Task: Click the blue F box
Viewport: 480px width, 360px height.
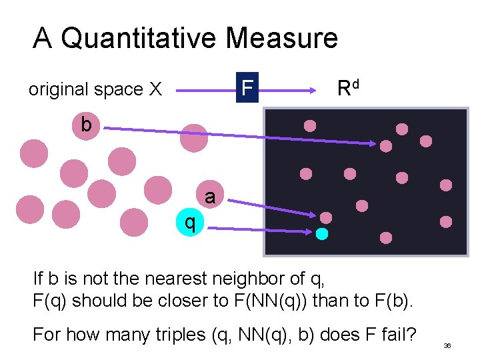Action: tap(247, 88)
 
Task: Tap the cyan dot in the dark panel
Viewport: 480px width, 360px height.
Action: tap(322, 234)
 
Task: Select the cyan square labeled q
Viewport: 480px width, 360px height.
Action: tap(190, 223)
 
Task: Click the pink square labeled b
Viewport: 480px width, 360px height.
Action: tap(85, 125)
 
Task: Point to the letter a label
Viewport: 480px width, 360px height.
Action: tap(210, 197)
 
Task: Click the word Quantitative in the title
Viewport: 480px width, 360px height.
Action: tap(139, 38)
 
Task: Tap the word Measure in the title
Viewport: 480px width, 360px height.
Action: tap(281, 38)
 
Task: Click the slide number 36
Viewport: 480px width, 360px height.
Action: tap(447, 346)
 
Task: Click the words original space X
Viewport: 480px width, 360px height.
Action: tap(95, 89)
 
